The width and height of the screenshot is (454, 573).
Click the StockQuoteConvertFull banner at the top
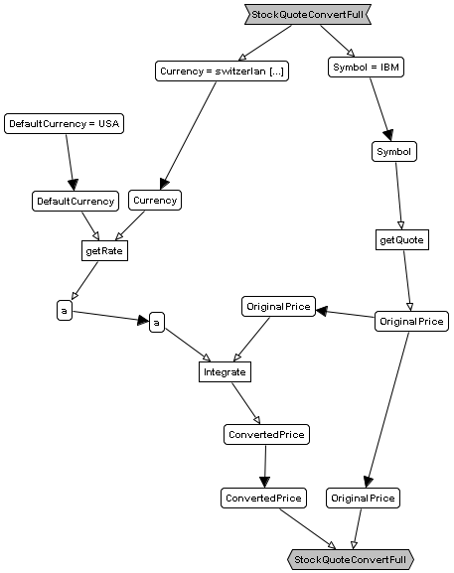(308, 15)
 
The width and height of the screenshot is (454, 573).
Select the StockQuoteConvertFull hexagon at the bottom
(351, 559)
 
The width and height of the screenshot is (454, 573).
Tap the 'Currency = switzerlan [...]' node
(222, 71)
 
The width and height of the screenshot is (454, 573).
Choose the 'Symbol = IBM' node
(366, 67)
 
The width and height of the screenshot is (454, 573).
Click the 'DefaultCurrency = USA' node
(64, 123)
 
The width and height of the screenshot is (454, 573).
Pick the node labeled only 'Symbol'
(394, 151)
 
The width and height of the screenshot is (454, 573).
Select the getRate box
(104, 250)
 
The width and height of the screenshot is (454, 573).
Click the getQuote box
(402, 239)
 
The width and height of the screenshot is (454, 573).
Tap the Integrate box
(225, 372)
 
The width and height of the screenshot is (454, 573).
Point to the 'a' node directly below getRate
(65, 311)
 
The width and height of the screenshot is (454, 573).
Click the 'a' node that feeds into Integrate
(157, 323)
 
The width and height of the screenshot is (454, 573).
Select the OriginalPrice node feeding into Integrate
(278, 306)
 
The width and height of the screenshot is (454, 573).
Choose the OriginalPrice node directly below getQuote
(411, 321)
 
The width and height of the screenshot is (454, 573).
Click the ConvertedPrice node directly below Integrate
(266, 435)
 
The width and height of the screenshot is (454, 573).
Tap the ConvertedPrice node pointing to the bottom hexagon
(263, 498)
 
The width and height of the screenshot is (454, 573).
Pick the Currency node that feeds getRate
(155, 200)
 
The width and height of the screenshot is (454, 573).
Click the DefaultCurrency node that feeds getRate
(76, 201)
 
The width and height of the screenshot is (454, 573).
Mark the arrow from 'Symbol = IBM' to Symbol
(380, 109)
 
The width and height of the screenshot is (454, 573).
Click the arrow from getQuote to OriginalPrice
(407, 281)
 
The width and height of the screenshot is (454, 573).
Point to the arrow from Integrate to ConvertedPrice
(246, 403)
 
